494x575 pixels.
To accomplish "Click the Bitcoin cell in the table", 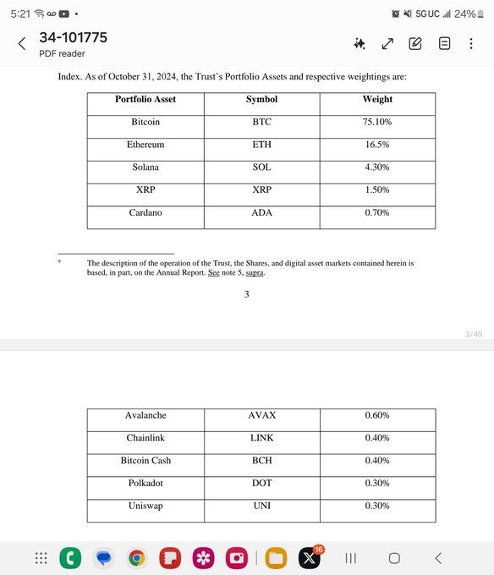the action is point(145,122).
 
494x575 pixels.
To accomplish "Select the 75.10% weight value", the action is point(377,122).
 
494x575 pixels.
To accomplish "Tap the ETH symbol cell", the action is point(261,145).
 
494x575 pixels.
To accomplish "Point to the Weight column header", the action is point(377,99).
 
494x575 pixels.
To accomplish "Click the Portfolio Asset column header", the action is point(145,99).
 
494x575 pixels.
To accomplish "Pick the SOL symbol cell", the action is point(261,167).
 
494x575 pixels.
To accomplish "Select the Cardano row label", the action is point(145,212).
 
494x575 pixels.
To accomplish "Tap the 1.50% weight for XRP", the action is point(377,190).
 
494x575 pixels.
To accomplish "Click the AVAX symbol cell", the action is point(261,415).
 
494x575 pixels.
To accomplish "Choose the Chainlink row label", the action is point(145,438).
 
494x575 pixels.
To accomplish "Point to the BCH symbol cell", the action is point(261,460).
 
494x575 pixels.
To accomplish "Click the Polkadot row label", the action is point(145,483).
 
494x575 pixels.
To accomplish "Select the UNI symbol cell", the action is point(261,506).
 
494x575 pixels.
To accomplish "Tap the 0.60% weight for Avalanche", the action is point(377,415).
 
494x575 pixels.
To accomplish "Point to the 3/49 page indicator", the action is point(474,335).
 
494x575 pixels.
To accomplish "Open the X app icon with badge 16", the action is point(309,558).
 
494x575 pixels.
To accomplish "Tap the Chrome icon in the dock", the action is point(136,558).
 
